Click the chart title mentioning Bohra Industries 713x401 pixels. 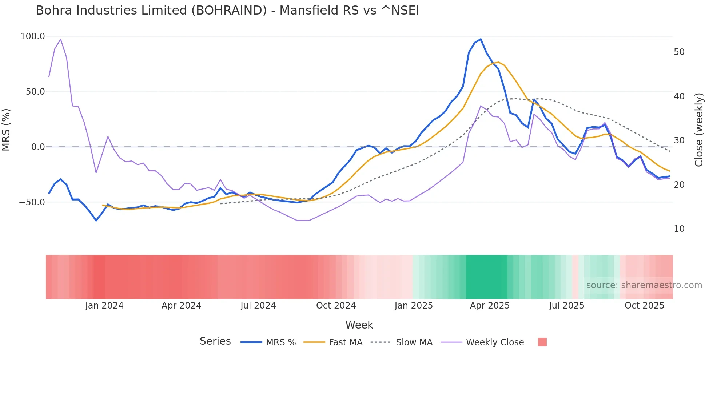(227, 11)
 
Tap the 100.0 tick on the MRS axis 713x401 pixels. (33, 36)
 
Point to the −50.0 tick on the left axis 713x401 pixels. (32, 202)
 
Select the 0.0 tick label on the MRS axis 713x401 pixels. (38, 147)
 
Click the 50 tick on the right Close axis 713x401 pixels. (679, 52)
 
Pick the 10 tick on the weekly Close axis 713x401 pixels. (679, 229)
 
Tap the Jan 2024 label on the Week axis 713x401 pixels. (104, 306)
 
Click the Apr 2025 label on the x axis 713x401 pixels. (490, 306)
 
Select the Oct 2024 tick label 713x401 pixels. (336, 306)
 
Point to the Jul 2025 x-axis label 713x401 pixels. (566, 306)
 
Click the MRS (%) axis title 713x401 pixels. (6, 130)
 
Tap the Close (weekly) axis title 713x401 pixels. (699, 130)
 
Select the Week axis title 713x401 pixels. (359, 325)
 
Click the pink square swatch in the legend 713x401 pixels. (542, 342)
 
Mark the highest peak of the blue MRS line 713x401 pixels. (481, 39)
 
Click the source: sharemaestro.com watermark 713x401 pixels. (644, 285)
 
